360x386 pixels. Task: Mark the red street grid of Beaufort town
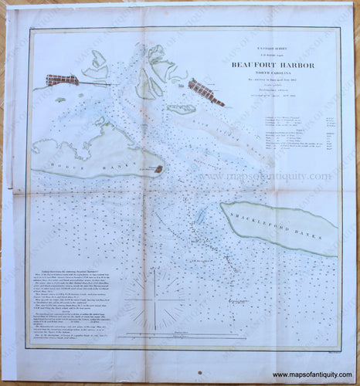click(x=205, y=91)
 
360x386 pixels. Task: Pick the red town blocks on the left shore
click(x=62, y=80)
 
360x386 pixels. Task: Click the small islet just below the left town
click(x=60, y=99)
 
